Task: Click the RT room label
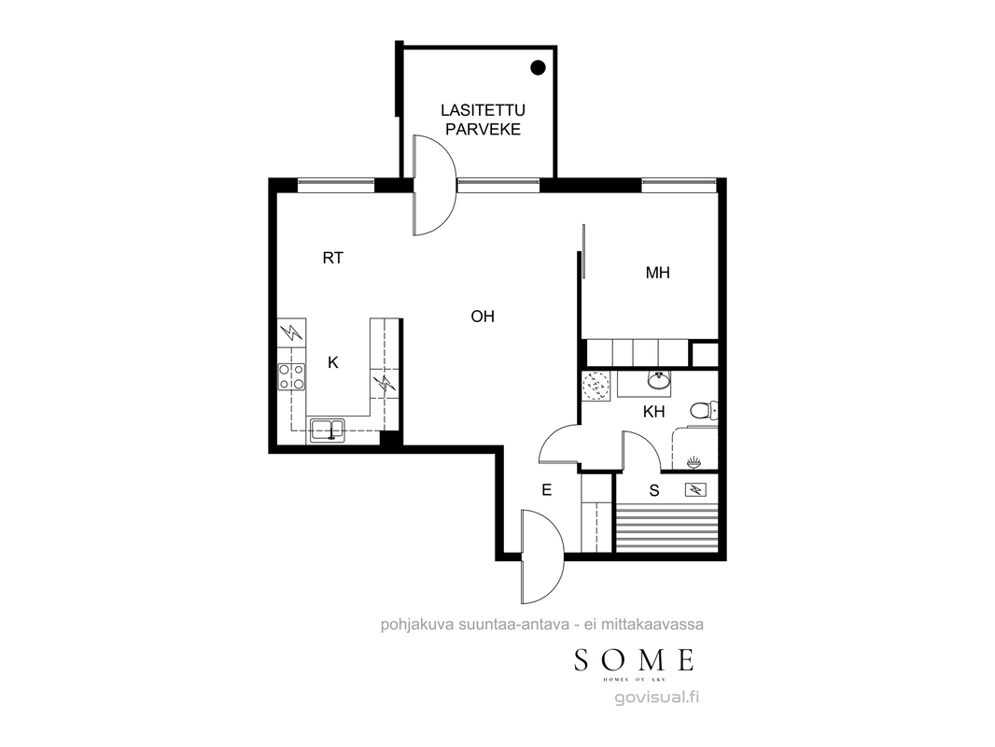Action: click(332, 258)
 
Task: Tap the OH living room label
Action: click(483, 316)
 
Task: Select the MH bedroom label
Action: click(657, 273)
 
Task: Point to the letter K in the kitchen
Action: click(332, 362)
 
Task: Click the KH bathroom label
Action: click(653, 412)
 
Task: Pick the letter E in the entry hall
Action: click(546, 490)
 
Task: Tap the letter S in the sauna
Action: click(654, 490)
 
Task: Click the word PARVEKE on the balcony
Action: click(483, 130)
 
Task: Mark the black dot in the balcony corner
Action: click(538, 67)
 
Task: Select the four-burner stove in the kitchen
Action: click(291, 376)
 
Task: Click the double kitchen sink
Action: click(327, 430)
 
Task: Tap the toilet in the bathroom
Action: click(703, 411)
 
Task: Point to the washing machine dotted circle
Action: click(596, 385)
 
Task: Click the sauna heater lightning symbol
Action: click(696, 489)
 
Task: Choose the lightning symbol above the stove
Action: click(291, 331)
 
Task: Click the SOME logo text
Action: click(634, 661)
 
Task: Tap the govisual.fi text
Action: click(657, 698)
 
